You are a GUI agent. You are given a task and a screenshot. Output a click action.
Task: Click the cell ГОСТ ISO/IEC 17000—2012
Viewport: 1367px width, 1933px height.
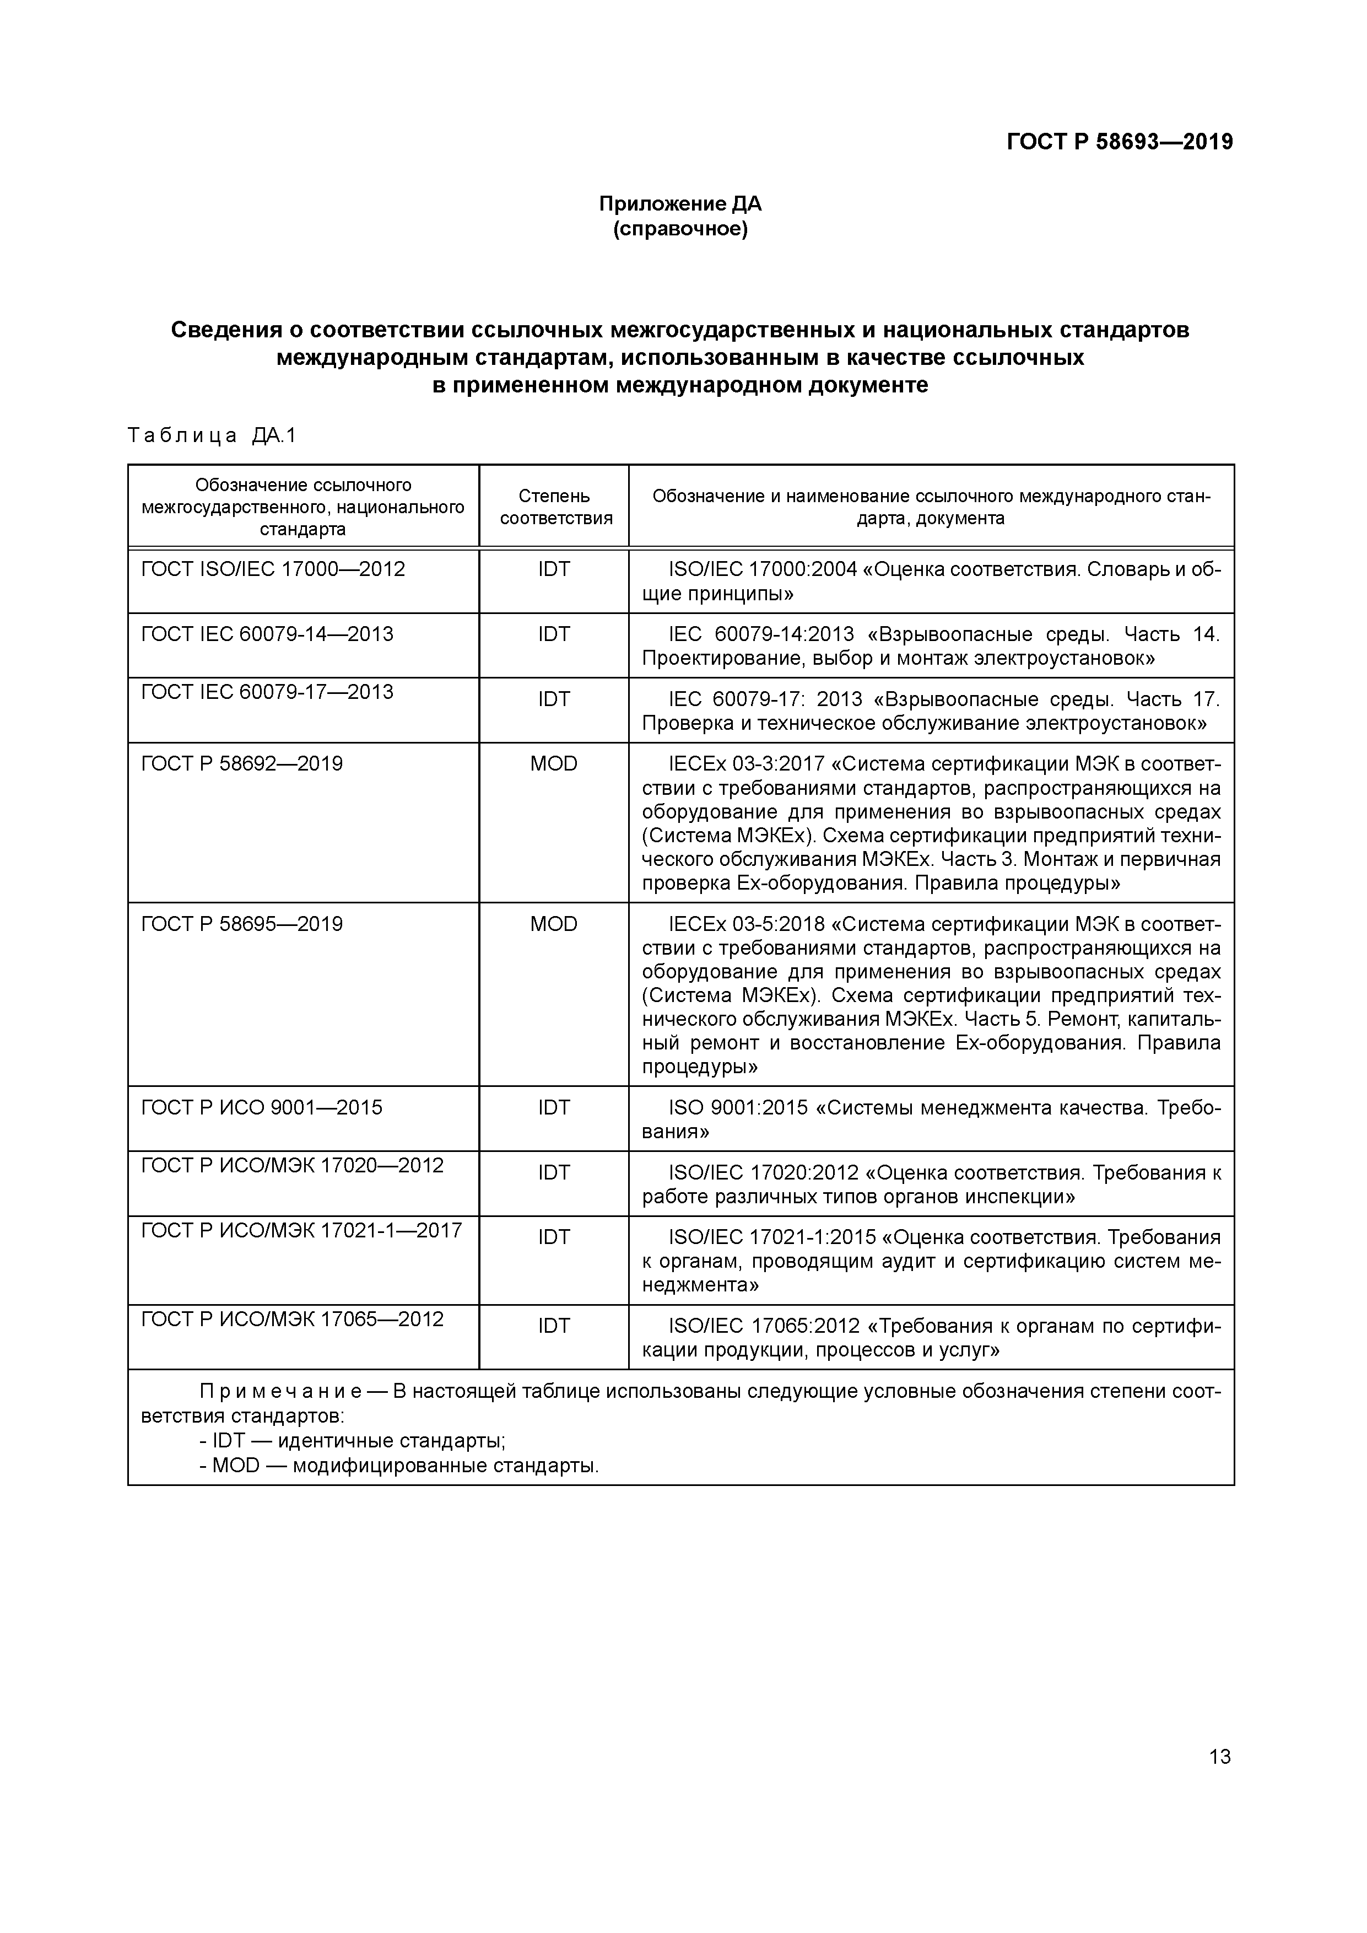click(273, 569)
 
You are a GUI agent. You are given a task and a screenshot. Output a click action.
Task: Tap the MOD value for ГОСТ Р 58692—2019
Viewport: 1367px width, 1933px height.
click(554, 763)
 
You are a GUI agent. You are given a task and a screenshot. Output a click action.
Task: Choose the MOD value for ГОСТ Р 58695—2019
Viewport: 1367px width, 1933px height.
click(554, 924)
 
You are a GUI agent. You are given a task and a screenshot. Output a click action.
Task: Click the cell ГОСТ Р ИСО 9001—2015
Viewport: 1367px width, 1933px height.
click(261, 1107)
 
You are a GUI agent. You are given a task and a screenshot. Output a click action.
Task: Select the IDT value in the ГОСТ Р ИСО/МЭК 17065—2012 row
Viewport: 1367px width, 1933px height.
click(554, 1326)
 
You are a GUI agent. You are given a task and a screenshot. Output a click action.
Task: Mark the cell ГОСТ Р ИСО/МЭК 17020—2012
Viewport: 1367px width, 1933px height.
click(292, 1165)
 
